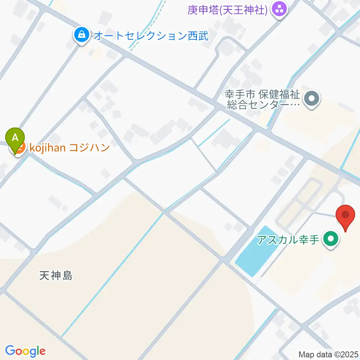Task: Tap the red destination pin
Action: [345, 216]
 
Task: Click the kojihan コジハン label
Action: [69, 147]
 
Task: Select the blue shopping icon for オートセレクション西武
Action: [81, 36]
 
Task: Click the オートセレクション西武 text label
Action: [150, 36]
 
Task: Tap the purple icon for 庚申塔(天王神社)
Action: [279, 9]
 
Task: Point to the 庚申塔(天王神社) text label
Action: [228, 9]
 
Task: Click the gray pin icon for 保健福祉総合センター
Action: [312, 99]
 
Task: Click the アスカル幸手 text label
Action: [288, 239]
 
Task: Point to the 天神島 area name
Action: [55, 276]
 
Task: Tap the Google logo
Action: [25, 351]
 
